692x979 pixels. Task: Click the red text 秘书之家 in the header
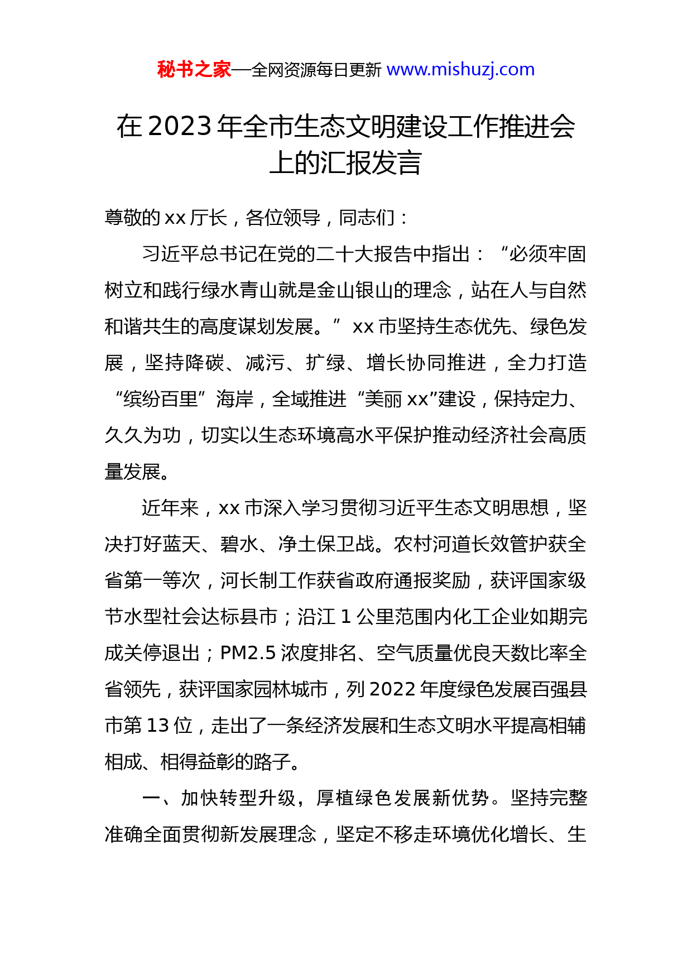[x=194, y=70]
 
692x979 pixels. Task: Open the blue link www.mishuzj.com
[x=460, y=70]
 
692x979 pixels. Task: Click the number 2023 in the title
[x=180, y=127]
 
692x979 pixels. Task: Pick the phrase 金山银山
[x=355, y=290]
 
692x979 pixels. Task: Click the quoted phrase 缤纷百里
[x=161, y=399]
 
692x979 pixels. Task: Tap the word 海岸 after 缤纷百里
[x=235, y=399]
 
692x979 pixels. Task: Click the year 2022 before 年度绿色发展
[x=392, y=689]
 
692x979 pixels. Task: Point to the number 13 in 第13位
[x=157, y=726]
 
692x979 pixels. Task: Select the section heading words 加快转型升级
[x=238, y=798]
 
